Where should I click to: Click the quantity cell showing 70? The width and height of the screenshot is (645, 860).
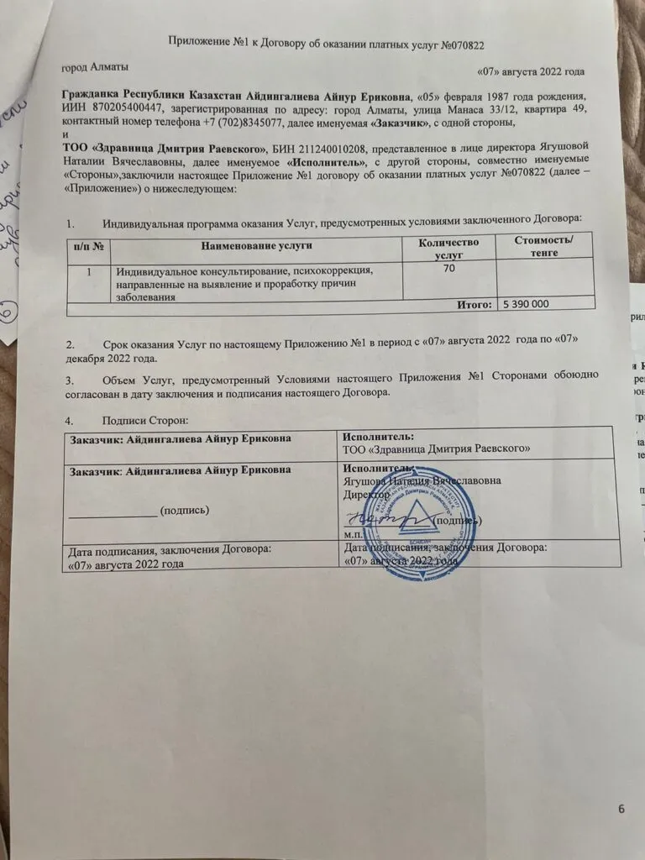click(450, 269)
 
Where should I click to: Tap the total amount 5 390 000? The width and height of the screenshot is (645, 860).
click(527, 303)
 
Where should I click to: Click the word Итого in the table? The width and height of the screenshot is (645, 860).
click(472, 303)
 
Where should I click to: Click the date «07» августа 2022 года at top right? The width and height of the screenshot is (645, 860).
click(530, 72)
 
